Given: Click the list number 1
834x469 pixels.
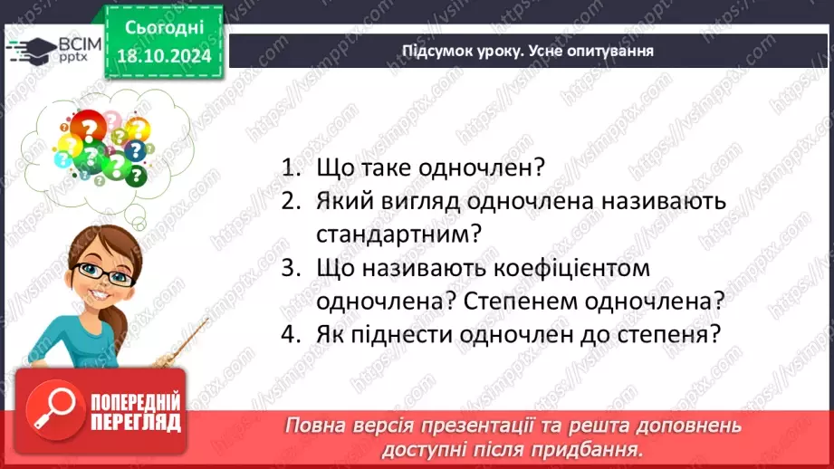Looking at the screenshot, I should point(290,168).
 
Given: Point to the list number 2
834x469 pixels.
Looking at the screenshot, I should point(290,202).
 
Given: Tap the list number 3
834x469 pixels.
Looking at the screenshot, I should point(290,268).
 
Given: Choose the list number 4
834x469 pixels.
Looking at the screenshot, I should point(290,334).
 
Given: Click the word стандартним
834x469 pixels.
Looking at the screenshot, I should point(399,235).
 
